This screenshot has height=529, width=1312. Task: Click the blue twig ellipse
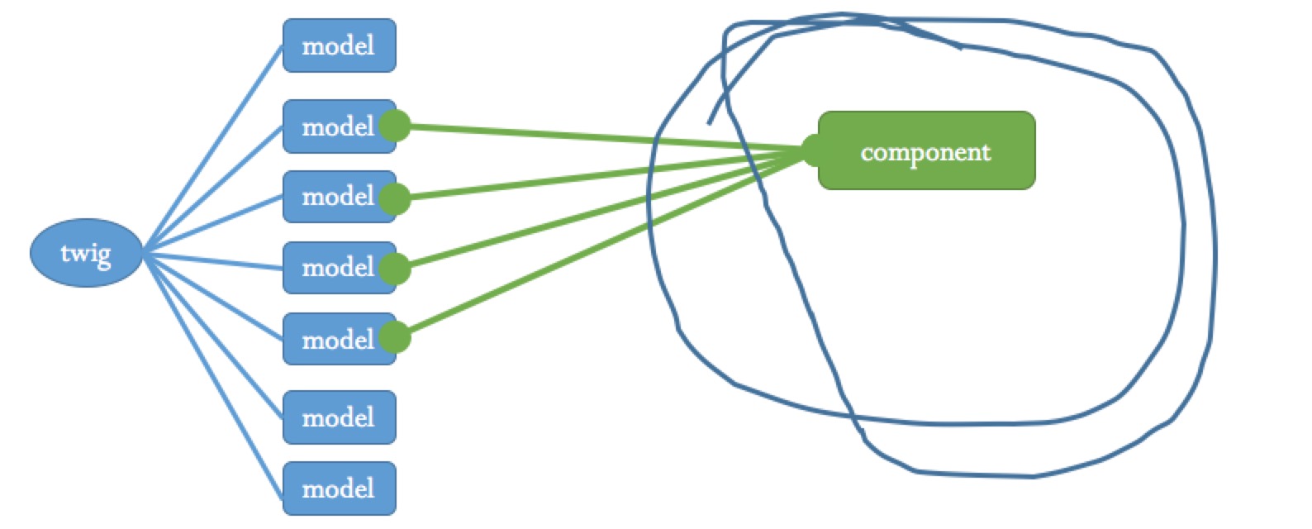tap(86, 253)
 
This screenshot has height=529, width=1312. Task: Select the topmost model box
tap(339, 45)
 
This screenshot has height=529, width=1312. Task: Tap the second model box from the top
tap(335, 126)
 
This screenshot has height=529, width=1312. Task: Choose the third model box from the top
tap(335, 197)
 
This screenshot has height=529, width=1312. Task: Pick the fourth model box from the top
tap(335, 268)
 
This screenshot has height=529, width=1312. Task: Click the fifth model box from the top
tap(335, 339)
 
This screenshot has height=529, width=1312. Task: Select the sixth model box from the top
tap(339, 417)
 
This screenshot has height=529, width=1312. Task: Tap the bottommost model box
tap(339, 488)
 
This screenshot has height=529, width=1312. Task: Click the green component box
tap(926, 150)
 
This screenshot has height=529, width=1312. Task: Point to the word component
tap(925, 153)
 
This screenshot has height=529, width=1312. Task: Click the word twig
tap(85, 252)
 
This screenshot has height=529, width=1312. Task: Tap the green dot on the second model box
tap(395, 126)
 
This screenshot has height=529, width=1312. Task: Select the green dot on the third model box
tap(395, 199)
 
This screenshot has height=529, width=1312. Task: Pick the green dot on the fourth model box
tap(395, 269)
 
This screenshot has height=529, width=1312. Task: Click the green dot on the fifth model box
tap(395, 337)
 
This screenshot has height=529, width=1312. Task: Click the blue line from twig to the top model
tap(213, 149)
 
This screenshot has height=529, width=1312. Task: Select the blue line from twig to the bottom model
tap(213, 376)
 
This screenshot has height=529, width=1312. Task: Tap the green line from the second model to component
tap(603, 138)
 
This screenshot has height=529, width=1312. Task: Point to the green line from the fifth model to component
tap(603, 244)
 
